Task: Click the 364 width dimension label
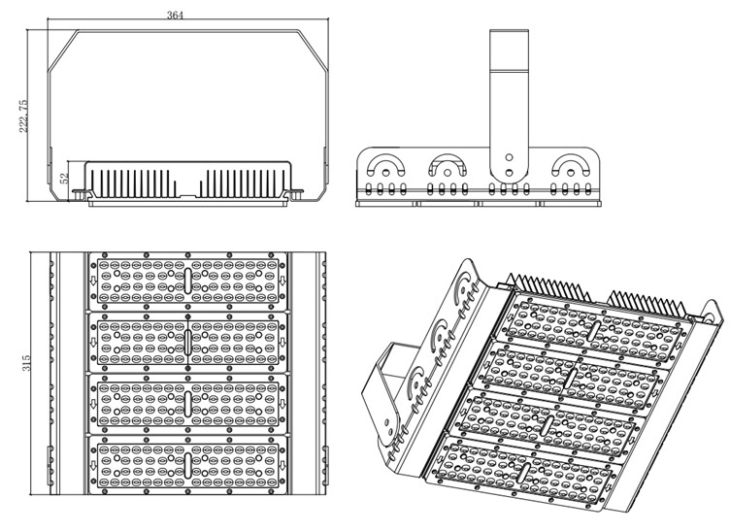(x=175, y=15)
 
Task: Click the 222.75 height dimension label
(x=23, y=116)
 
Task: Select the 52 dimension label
(x=65, y=178)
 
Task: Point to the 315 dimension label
(x=26, y=363)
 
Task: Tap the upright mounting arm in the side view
(x=509, y=105)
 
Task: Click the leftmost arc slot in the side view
(x=385, y=159)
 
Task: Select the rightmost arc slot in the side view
(x=571, y=159)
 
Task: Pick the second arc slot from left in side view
(x=448, y=159)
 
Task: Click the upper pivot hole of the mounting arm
(x=510, y=158)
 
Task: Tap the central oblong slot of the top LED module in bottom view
(x=187, y=281)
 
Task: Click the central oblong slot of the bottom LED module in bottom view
(x=187, y=465)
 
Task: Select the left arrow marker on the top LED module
(x=93, y=281)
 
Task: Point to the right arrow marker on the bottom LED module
(x=282, y=465)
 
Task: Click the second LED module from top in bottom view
(x=187, y=342)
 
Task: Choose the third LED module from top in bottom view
(x=187, y=404)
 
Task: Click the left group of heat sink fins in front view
(x=133, y=183)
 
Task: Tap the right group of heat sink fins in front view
(x=243, y=183)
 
